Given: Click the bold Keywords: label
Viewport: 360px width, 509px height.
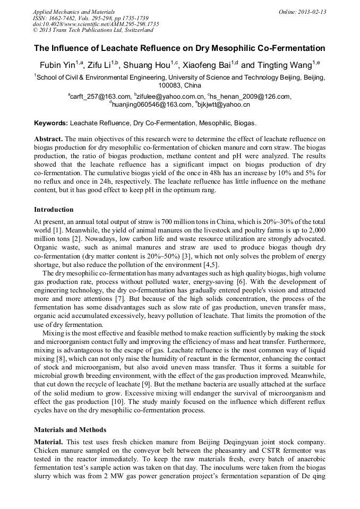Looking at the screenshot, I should point(51,123).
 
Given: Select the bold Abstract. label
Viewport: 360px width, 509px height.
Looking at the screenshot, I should point(49,139).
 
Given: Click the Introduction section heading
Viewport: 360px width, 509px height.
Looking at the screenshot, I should point(54,210).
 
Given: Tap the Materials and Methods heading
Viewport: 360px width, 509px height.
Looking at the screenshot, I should point(70,429).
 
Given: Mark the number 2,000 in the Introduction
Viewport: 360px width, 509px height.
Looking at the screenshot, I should point(316,230).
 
